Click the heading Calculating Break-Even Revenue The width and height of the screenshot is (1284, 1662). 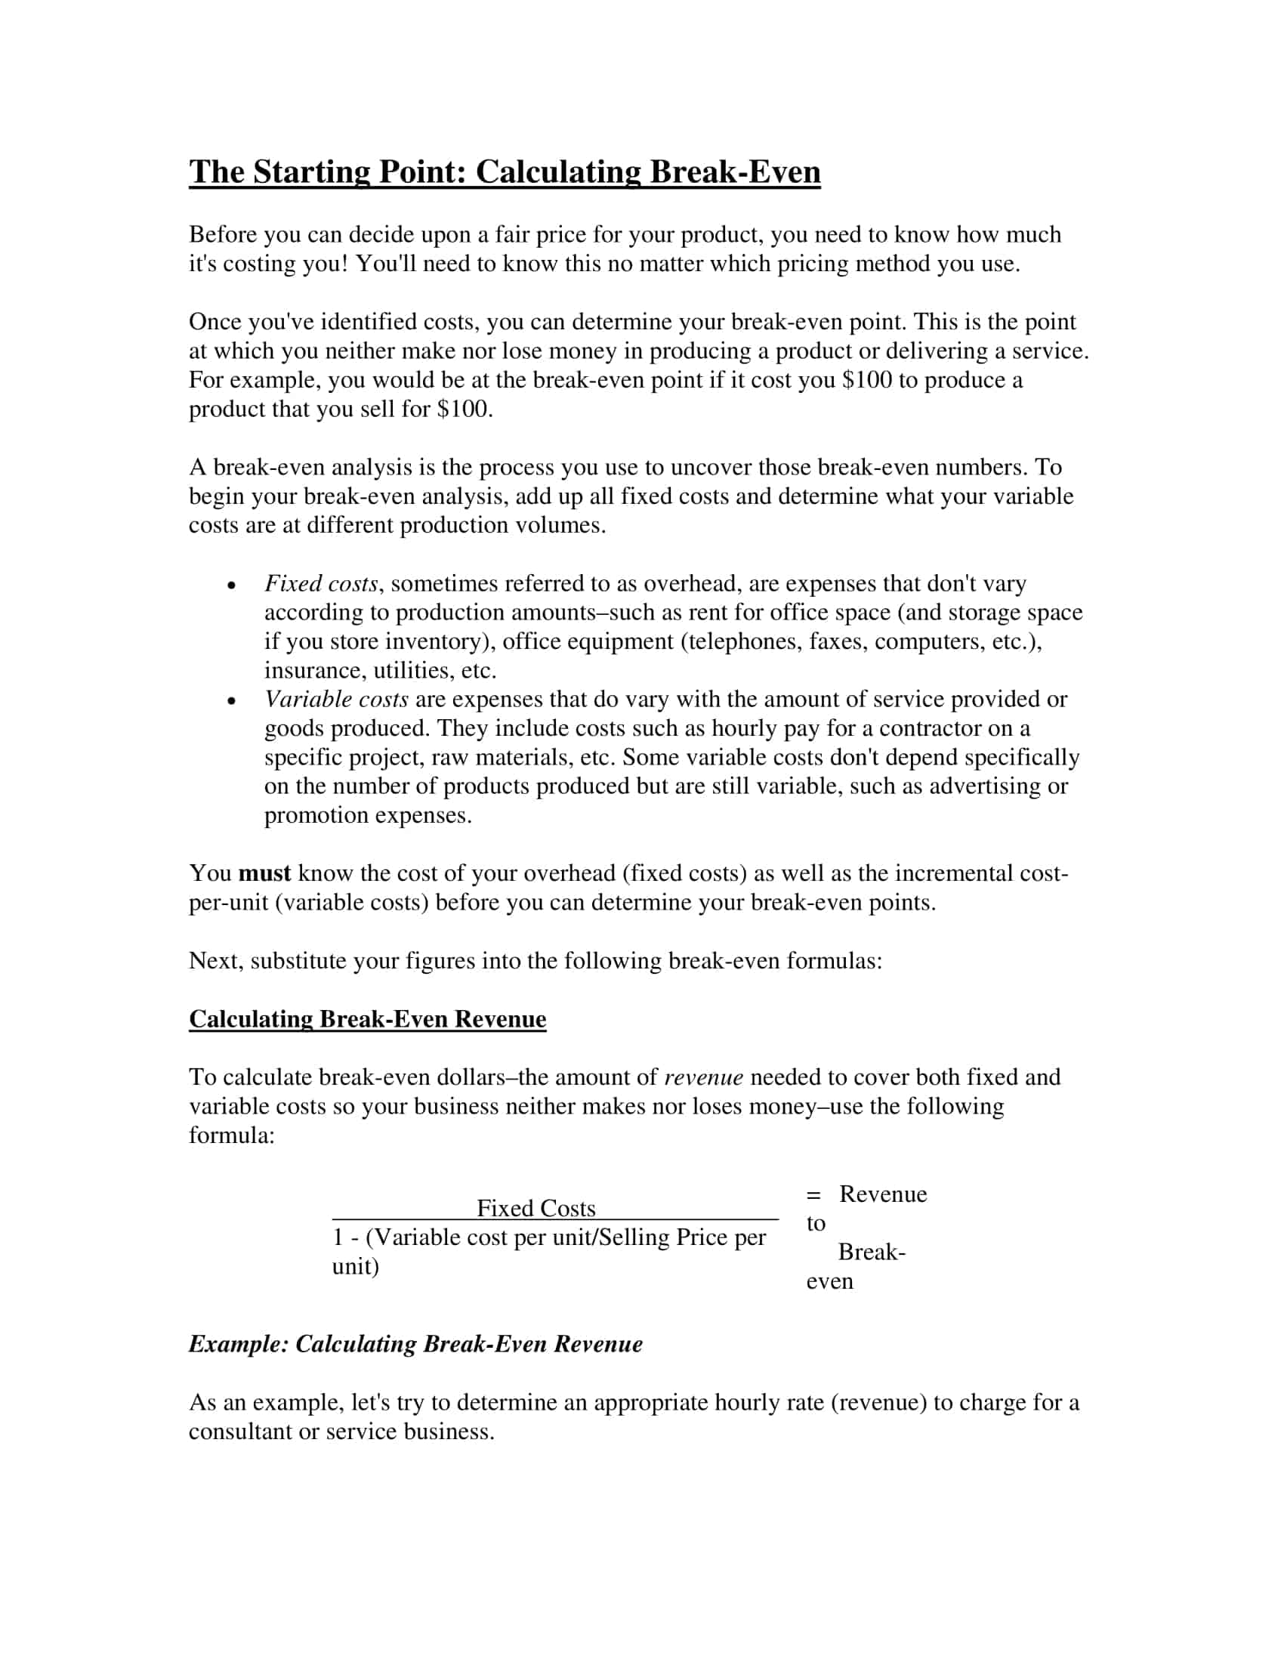pyautogui.click(x=367, y=1019)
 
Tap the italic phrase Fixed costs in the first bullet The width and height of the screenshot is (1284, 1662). pyautogui.click(x=321, y=584)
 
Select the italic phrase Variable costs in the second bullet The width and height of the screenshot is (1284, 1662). pyautogui.click(x=336, y=700)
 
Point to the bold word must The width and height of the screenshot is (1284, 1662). pyautogui.click(x=264, y=873)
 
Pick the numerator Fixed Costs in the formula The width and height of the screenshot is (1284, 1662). pyautogui.click(x=536, y=1208)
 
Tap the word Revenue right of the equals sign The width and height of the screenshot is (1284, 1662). pyautogui.click(x=882, y=1194)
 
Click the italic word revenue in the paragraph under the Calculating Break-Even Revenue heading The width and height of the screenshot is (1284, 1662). pyautogui.click(x=704, y=1077)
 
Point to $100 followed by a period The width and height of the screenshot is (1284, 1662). pyautogui.click(x=465, y=409)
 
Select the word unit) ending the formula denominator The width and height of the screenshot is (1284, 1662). pyautogui.click(x=355, y=1266)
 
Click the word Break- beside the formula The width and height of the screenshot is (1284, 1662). pyautogui.click(x=872, y=1252)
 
